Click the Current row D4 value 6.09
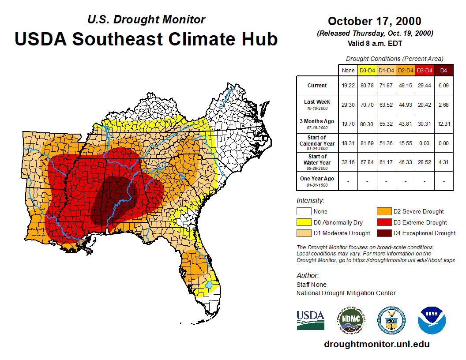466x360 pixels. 443,86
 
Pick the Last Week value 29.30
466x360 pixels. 348,104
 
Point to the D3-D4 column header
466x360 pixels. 425,70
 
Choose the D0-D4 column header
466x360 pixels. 367,70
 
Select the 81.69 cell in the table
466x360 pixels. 367,143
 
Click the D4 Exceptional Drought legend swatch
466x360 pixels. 383,233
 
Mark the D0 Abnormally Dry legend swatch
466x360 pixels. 303,222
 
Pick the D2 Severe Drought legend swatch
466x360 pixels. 383,211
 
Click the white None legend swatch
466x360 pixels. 303,211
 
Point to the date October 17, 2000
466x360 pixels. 374,21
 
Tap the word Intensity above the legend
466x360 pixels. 310,201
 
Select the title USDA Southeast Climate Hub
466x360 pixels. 146,39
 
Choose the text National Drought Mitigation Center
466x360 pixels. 346,293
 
